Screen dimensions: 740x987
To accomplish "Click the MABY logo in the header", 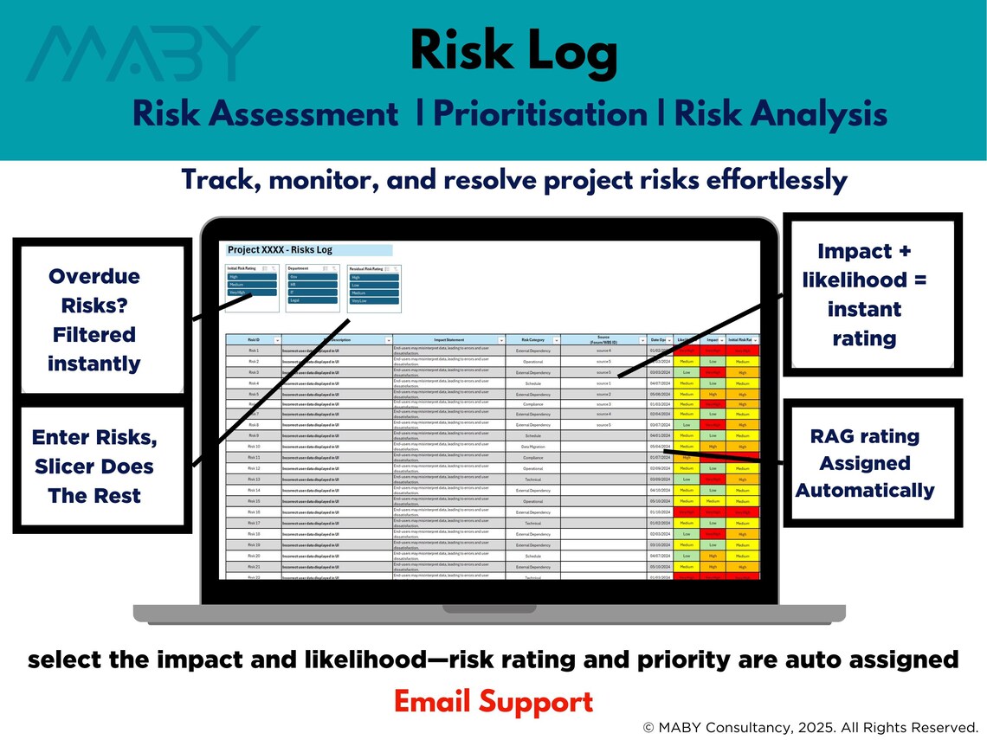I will tap(143, 54).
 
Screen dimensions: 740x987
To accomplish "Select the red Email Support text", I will tap(493, 701).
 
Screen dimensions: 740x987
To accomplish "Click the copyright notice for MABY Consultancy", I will tap(810, 727).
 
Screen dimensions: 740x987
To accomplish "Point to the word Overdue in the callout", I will tap(94, 277).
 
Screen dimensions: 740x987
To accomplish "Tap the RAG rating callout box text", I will tap(865, 463).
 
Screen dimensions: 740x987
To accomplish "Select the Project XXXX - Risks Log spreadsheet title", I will tap(280, 250).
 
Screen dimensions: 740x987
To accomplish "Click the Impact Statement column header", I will tap(448, 340).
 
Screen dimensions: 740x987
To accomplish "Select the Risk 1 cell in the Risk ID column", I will tap(253, 351).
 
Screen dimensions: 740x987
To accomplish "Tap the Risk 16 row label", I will tap(253, 512).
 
